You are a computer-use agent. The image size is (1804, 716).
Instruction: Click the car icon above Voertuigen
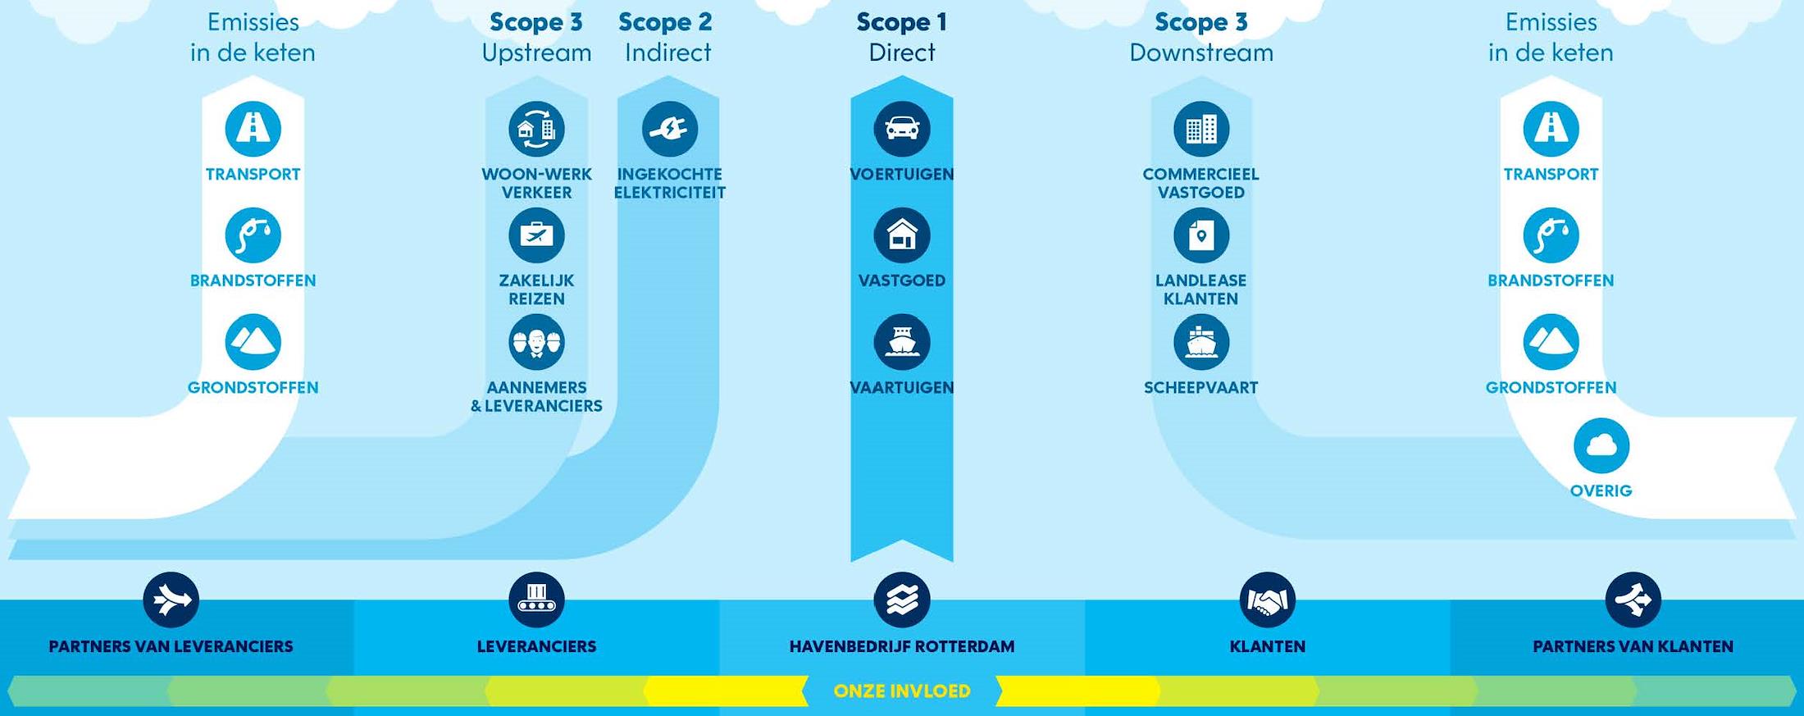pos(902,129)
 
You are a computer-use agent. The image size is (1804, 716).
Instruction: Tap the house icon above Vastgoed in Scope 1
pos(902,235)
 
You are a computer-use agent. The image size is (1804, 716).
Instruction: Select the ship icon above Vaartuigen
pos(902,342)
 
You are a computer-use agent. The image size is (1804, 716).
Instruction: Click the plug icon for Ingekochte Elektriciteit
pos(669,129)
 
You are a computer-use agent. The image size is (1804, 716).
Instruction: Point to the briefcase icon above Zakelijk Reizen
pos(536,235)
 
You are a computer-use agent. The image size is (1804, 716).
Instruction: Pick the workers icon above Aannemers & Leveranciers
pos(536,342)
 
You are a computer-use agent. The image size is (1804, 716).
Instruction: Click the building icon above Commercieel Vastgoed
pos(1201,129)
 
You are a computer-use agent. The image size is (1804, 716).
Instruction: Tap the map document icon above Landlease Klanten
pos(1201,235)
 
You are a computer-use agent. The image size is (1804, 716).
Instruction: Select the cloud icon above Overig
pos(1601,446)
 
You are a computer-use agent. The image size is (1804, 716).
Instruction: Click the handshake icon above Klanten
pos(1267,600)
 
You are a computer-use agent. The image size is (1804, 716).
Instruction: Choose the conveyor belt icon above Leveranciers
pos(536,600)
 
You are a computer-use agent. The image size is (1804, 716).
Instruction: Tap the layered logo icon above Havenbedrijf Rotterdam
pos(902,600)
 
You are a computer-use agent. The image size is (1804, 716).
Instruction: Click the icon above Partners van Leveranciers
pos(171,600)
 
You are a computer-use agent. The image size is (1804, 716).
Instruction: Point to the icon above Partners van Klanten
pos(1633,600)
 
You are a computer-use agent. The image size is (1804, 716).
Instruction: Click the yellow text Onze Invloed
pos(902,691)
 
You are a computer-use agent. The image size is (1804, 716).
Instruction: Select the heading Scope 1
pos(902,22)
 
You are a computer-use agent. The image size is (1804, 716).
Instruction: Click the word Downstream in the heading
pos(1201,52)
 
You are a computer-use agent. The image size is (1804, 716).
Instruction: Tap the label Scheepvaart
pos(1201,388)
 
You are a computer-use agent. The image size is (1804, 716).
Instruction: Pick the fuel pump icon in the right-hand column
pos(1551,235)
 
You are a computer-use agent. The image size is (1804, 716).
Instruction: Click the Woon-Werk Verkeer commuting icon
pos(536,129)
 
